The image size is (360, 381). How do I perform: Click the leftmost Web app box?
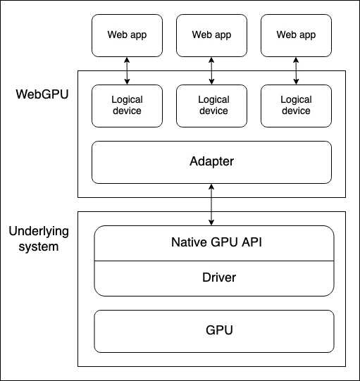(x=127, y=35)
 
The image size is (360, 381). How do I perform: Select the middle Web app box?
(x=211, y=35)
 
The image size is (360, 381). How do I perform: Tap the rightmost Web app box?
(x=296, y=35)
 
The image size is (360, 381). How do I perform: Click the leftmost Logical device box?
(x=127, y=106)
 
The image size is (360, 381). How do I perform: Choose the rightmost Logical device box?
(x=296, y=106)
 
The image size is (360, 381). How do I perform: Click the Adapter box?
(x=211, y=162)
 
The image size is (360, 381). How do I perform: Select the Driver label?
(x=214, y=277)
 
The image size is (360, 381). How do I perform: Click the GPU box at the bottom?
(x=214, y=330)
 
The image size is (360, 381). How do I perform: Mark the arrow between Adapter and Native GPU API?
(x=211, y=204)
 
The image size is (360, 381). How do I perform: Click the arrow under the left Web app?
(x=127, y=70)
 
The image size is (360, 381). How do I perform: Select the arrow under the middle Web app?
(x=211, y=70)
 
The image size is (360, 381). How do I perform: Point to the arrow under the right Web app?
(x=296, y=70)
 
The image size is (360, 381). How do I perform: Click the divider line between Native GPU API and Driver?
(x=214, y=261)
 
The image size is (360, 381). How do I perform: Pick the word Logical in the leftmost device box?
(x=127, y=101)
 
